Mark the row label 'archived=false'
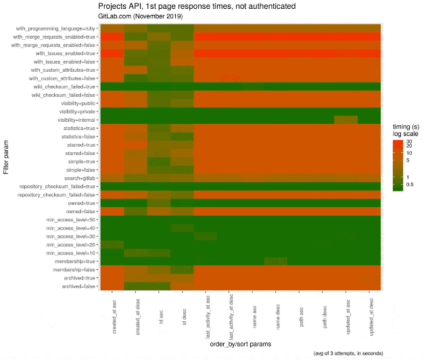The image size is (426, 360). tap(76, 286)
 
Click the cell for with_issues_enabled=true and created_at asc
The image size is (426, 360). tap(114, 53)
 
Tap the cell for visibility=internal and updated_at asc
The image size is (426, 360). tap(346, 120)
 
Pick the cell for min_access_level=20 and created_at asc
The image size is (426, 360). tap(114, 244)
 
